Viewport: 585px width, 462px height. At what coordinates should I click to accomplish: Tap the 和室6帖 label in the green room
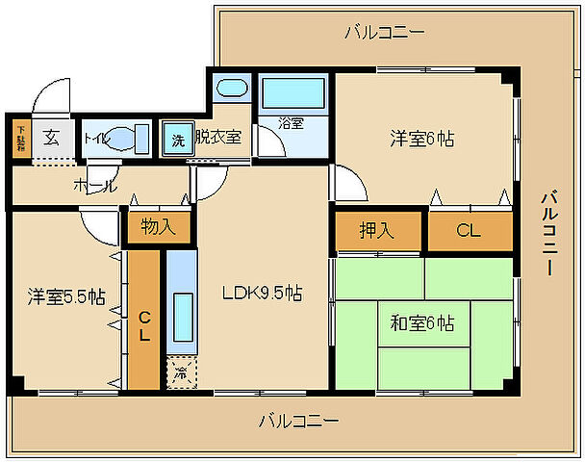pos(423,322)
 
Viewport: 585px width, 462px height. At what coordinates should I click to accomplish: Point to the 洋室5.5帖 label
pos(64,296)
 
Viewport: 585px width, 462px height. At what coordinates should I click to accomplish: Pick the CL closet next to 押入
pos(469,231)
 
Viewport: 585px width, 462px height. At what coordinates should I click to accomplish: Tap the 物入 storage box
pos(159,227)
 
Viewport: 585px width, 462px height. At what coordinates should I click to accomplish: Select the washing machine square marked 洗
pos(177,138)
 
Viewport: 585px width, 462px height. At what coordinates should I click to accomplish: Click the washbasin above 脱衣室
pos(231,90)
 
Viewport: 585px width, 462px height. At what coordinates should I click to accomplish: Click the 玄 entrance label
pos(51,137)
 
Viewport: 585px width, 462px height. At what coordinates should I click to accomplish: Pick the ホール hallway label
pos(94,185)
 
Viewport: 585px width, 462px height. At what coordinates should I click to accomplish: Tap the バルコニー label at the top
pos(384,33)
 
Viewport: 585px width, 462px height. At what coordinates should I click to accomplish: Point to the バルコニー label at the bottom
pos(298,421)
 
